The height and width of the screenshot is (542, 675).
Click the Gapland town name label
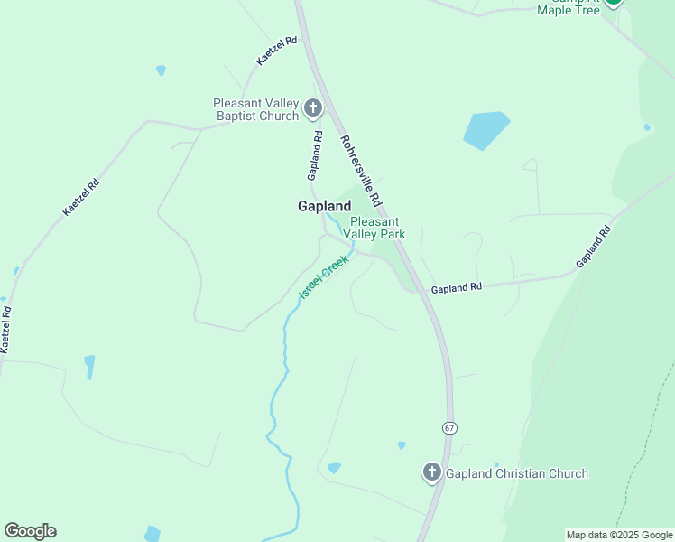coord(324,206)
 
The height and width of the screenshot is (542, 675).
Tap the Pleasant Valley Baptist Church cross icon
coord(313,109)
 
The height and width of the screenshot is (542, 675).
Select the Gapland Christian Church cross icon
coord(431,472)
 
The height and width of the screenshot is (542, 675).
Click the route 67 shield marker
coord(448,426)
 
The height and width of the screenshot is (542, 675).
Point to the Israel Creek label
coord(323,277)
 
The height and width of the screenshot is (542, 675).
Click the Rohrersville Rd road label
coord(362,169)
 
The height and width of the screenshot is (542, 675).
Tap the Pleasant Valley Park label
coord(377,228)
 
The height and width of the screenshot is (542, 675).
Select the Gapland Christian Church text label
coord(516,473)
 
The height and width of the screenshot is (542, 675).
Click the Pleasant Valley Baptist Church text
coord(256,109)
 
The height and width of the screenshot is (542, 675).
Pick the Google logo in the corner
coord(30,531)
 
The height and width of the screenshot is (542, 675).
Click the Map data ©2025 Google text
coord(619,535)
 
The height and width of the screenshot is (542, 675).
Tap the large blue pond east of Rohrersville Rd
coord(485,129)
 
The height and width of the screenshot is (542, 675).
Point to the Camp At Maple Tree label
coord(568,7)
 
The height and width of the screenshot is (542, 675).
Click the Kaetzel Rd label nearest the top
coord(276,51)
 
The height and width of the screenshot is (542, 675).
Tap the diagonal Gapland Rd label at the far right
coord(594,246)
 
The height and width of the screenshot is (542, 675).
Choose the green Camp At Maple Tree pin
coord(614,3)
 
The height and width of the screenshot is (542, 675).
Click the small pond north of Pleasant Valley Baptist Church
coord(161,70)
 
